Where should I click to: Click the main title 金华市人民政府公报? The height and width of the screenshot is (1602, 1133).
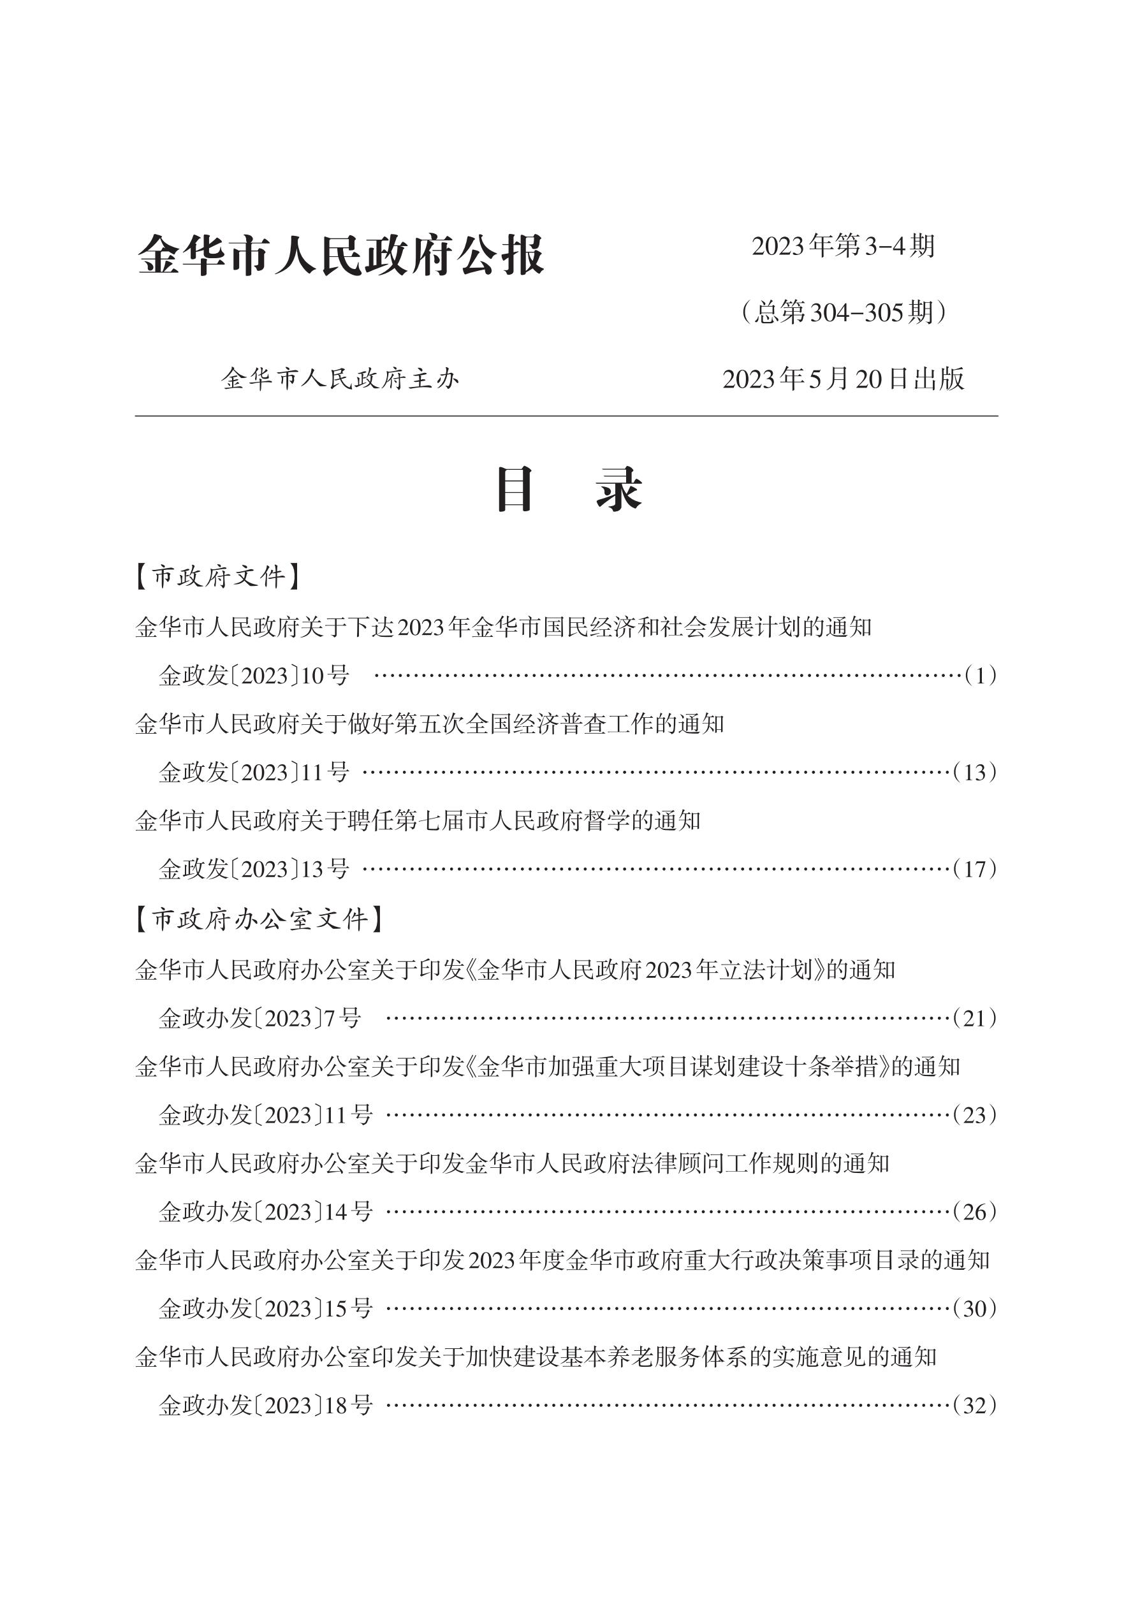340,256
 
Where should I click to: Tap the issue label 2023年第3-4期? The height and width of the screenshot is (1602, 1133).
843,245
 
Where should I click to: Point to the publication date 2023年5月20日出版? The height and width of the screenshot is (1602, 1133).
843,379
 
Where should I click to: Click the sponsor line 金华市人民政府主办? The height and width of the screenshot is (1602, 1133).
340,379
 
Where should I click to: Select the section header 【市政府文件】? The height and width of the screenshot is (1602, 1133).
217,577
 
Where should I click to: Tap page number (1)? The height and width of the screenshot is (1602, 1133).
980,675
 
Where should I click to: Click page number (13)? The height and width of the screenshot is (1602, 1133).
975,773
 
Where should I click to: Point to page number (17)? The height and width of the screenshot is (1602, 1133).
975,870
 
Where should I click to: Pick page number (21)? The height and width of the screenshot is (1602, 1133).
975,1019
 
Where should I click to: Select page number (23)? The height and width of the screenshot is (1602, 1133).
975,1115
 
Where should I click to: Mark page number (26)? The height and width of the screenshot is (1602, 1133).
975,1212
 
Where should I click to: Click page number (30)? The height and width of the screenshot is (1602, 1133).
975,1309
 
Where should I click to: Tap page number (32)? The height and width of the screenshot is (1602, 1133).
975,1405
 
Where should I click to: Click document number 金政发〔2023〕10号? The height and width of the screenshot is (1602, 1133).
254,675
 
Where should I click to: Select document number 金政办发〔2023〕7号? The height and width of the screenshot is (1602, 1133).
259,1019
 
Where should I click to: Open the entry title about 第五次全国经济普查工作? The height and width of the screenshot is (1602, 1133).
430,724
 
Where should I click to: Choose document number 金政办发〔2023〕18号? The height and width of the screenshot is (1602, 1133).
266,1405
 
